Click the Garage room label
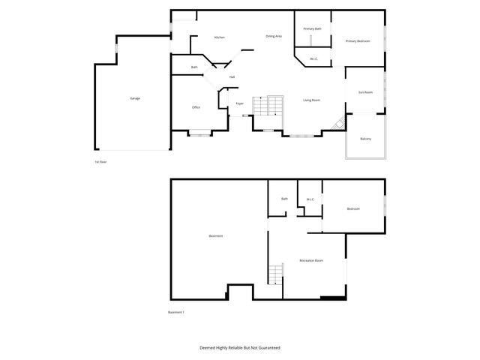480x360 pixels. point(135,98)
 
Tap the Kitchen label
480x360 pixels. point(220,37)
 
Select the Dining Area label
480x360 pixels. point(274,36)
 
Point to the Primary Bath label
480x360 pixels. point(313,28)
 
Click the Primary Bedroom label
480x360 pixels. point(358,41)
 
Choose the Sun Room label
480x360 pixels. point(365,92)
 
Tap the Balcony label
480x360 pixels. point(365,139)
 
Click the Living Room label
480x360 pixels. point(312,100)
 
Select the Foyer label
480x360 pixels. point(240,103)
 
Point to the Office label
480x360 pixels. point(196,107)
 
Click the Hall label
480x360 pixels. point(232,77)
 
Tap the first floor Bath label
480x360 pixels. point(194,67)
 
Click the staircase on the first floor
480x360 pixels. point(269,106)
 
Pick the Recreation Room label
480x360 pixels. point(311,260)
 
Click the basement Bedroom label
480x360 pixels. point(353,208)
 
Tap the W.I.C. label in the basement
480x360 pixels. point(310,199)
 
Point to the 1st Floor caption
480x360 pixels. point(100,161)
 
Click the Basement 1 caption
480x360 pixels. point(176,312)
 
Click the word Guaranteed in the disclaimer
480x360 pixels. point(265,348)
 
